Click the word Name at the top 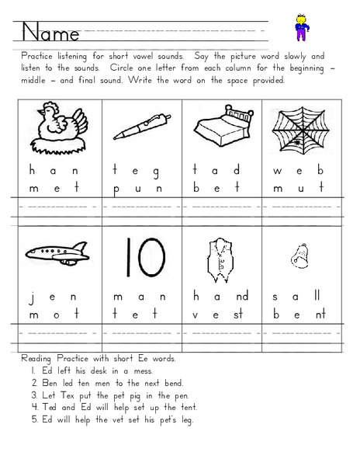point(50,33)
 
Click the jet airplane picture point(54,250)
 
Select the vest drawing point(213,256)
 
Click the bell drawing point(298,253)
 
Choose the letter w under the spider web point(277,170)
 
